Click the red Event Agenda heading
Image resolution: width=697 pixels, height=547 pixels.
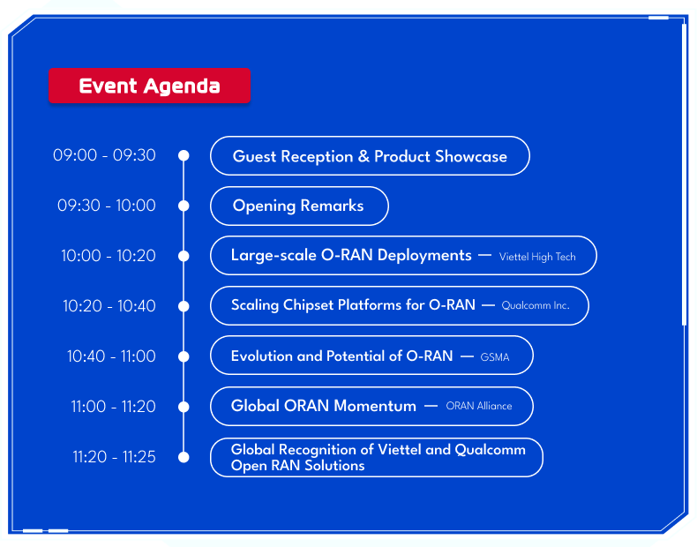[149, 86]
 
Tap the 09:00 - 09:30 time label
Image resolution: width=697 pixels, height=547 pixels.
[104, 155]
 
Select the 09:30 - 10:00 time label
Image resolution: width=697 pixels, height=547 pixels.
[107, 206]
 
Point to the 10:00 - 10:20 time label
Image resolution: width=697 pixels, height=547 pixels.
[109, 256]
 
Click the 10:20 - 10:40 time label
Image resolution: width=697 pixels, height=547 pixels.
[109, 306]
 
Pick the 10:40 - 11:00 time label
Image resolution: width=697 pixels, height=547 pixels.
[111, 356]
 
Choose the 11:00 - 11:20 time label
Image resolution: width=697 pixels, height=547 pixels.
[113, 407]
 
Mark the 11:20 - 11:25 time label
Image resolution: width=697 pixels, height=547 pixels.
[114, 457]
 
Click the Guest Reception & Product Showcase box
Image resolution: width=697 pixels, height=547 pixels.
[370, 156]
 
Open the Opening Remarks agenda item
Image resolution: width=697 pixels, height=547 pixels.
[298, 206]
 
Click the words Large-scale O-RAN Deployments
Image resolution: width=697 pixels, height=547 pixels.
[351, 256]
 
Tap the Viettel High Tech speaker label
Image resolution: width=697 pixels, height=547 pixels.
[537, 257]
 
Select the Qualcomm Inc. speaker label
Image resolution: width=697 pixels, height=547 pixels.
[536, 306]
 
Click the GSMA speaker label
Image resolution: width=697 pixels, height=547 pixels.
[495, 357]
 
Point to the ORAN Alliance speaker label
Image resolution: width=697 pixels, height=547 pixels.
[479, 407]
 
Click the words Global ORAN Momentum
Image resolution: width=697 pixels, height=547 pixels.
[323, 407]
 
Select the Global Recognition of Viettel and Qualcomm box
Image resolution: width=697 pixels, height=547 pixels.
[377, 457]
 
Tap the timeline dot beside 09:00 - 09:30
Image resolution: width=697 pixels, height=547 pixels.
[184, 155]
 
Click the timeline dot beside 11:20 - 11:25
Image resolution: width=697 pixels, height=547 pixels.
[184, 457]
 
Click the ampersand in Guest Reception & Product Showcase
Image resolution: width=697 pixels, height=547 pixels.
[363, 157]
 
